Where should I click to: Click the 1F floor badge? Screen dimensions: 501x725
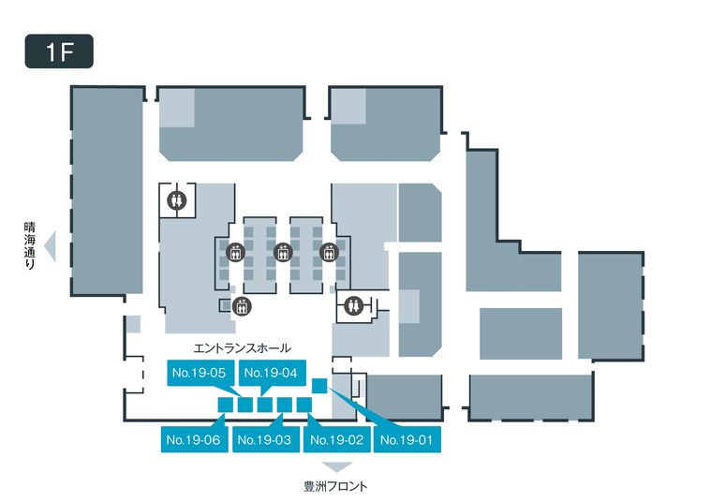(58, 52)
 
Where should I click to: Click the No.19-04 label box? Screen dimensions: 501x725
(271, 373)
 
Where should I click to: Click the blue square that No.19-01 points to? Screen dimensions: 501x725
(319, 385)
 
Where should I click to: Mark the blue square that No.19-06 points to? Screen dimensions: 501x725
(225, 405)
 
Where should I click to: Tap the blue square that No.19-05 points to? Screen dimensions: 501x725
(245, 405)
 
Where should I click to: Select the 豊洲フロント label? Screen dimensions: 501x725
(335, 486)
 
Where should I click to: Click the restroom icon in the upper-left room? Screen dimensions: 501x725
(177, 199)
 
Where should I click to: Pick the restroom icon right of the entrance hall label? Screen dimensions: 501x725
(353, 304)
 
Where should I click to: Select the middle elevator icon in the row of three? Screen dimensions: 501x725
(281, 252)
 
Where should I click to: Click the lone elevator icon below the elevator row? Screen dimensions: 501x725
(242, 305)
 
